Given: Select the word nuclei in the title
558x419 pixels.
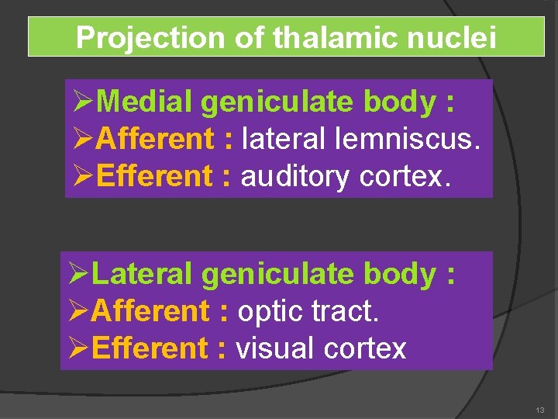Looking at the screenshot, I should click(449, 37).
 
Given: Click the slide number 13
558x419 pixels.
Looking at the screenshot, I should click(539, 410).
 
